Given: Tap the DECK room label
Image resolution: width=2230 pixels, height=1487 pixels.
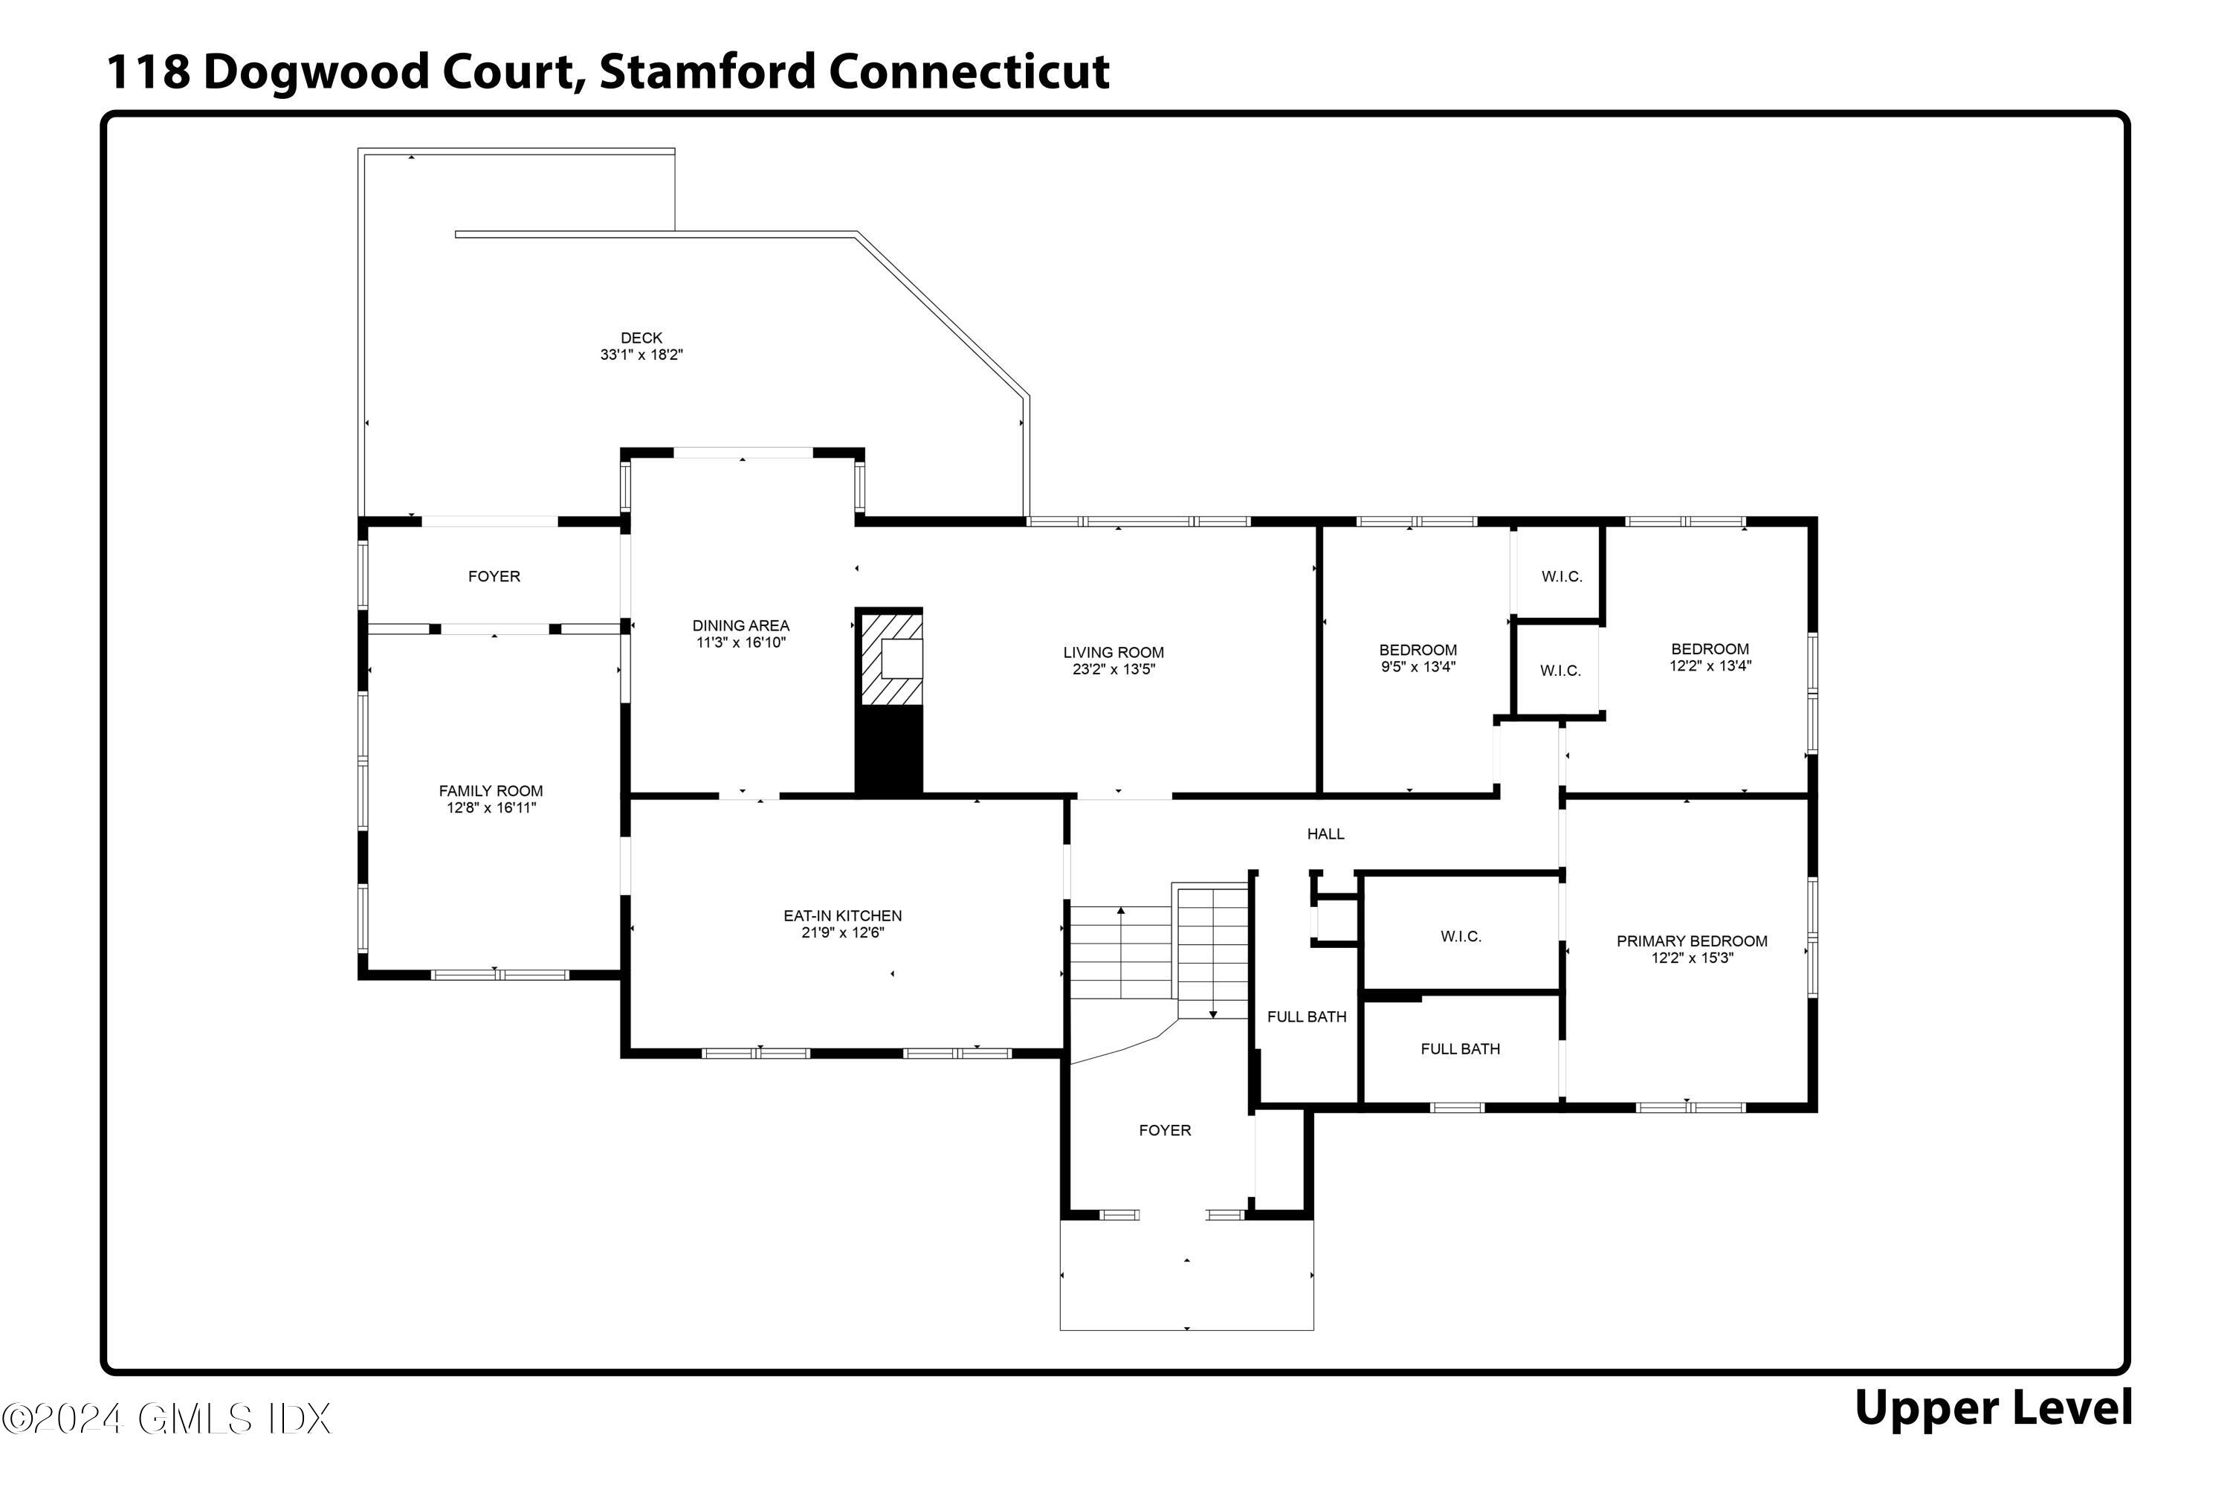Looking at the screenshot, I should [x=641, y=338].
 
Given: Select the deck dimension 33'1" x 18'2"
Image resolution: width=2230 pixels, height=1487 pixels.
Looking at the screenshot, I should [x=641, y=355].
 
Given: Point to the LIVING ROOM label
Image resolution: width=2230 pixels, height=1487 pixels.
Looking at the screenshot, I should [x=1113, y=653].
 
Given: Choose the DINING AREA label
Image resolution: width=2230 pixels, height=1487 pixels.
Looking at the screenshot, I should [x=740, y=626].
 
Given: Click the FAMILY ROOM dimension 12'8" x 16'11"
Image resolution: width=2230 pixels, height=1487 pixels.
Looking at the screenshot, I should [x=491, y=809].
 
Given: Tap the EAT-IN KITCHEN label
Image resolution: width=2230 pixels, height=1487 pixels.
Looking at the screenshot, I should [x=842, y=916].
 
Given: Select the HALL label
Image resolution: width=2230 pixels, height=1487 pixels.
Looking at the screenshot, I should [x=1325, y=834].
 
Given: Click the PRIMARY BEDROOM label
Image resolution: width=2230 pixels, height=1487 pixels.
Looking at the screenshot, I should [x=1692, y=942].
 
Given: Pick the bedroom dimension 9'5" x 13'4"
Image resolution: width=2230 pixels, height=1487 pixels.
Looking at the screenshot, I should [x=1418, y=668].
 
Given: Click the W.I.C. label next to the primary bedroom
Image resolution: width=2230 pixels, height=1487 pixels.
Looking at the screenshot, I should [x=1460, y=937].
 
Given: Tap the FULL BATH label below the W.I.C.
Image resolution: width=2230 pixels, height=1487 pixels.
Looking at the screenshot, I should [x=1460, y=1049].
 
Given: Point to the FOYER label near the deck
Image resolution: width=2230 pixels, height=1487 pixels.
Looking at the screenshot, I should [x=494, y=577].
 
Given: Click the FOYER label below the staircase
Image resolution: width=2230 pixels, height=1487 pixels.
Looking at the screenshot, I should [x=1164, y=1130].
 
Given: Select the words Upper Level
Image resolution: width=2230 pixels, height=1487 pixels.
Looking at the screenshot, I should [x=1993, y=1408].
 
